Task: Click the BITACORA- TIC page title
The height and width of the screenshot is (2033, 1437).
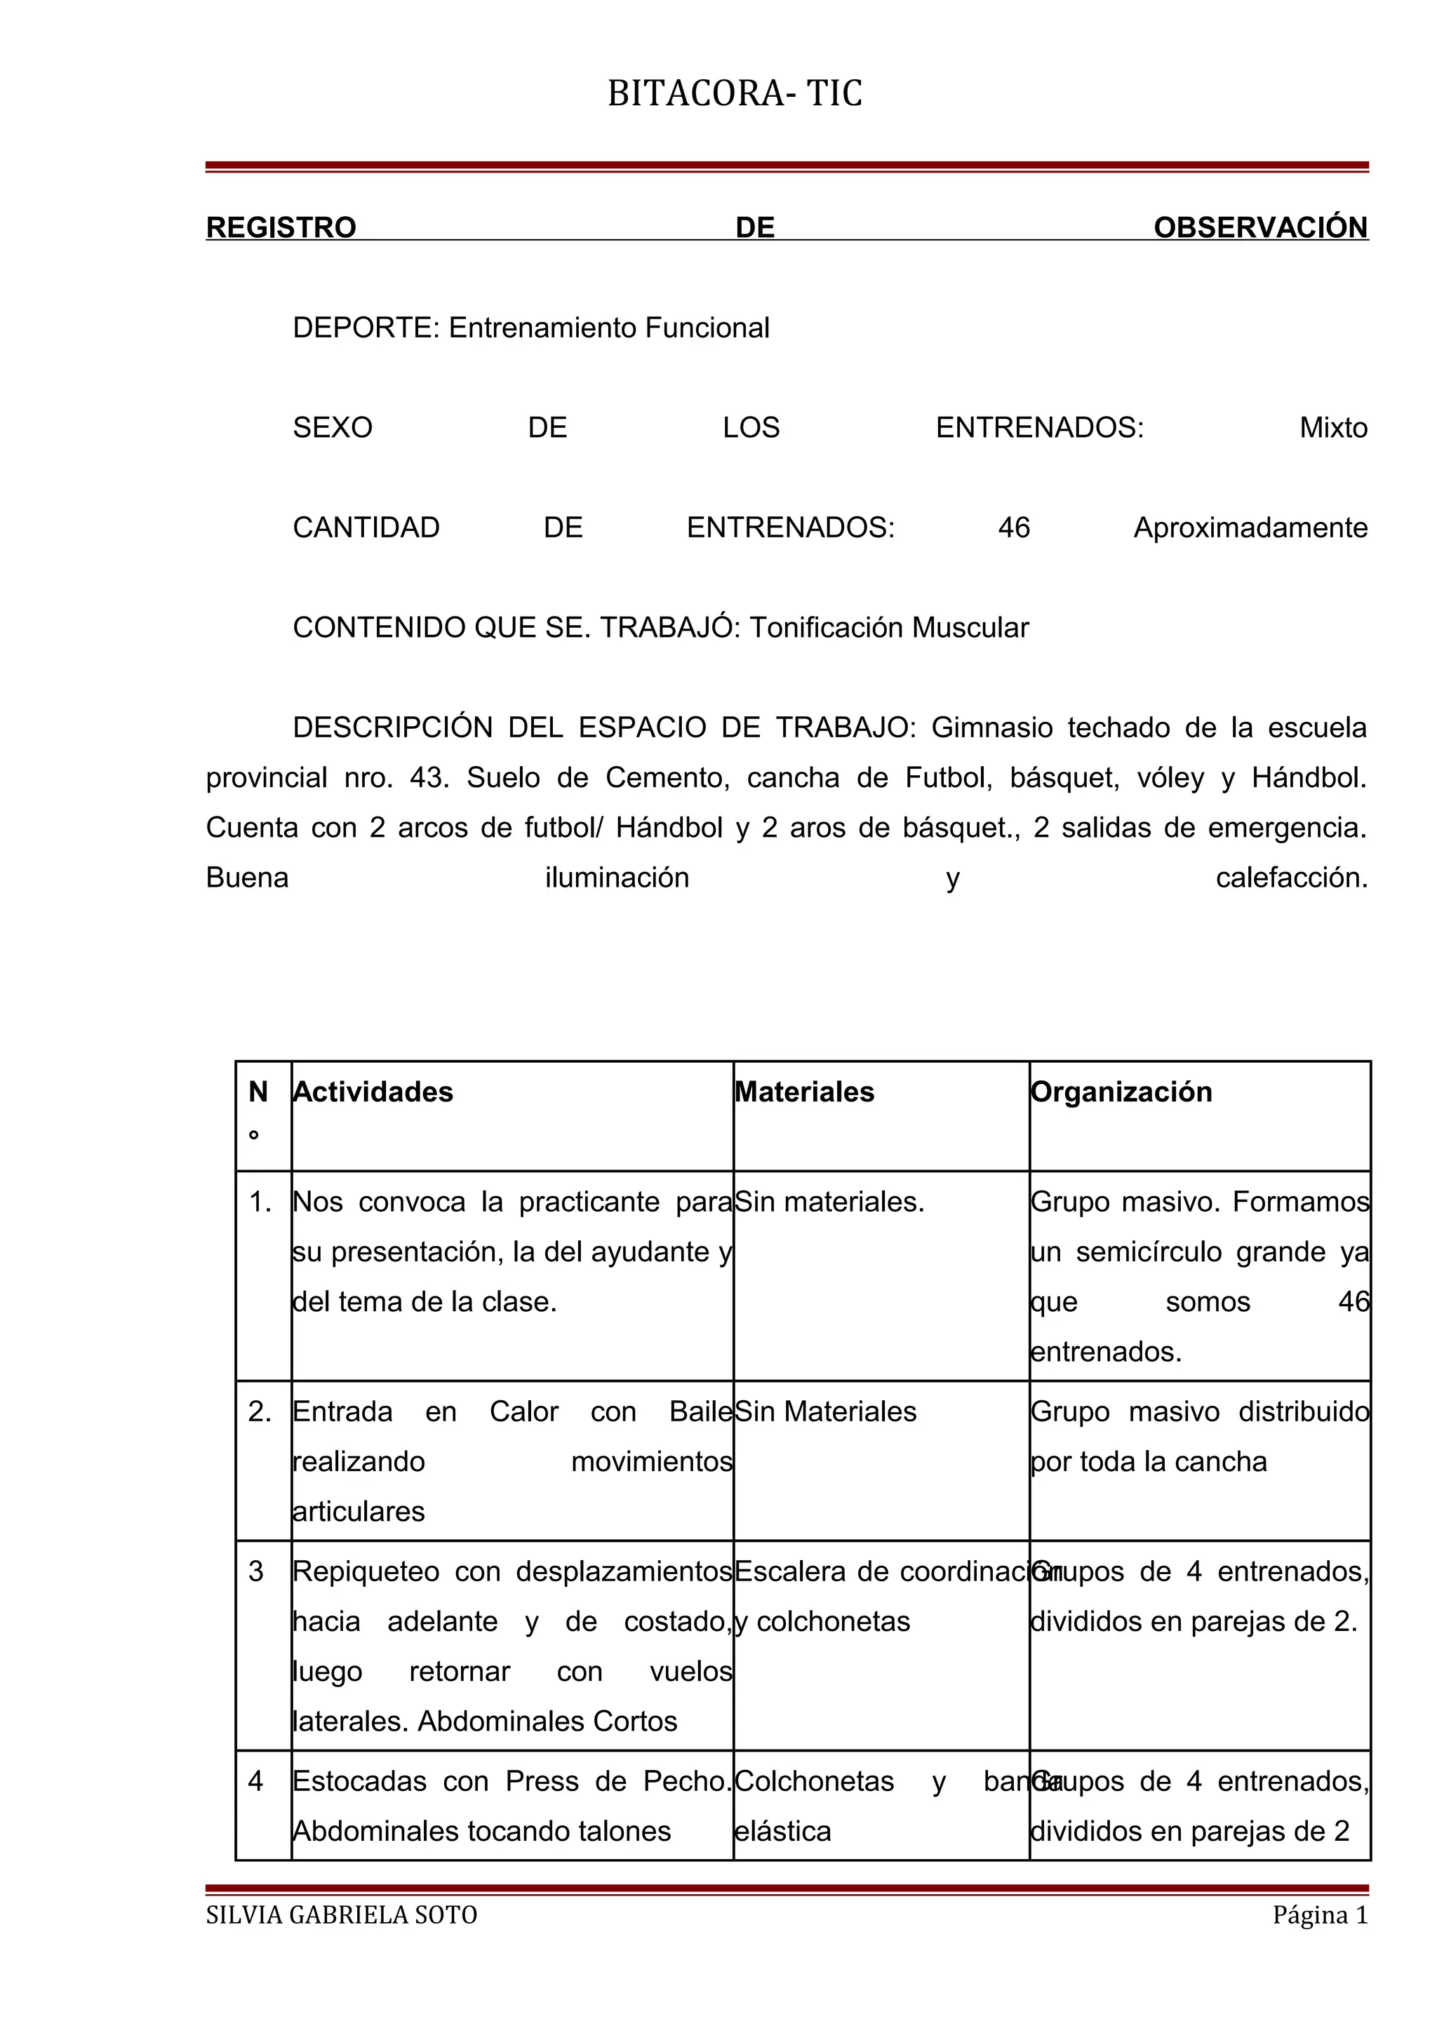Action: [x=734, y=94]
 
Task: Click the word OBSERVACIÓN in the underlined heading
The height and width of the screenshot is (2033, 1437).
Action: [x=1260, y=227]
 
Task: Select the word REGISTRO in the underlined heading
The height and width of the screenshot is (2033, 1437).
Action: [x=281, y=227]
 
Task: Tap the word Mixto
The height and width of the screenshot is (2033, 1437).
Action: [x=1332, y=428]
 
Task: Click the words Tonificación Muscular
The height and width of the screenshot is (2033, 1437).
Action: [x=889, y=628]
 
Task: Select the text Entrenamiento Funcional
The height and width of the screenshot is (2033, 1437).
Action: [x=608, y=328]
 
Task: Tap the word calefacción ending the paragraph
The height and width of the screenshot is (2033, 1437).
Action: [x=1291, y=878]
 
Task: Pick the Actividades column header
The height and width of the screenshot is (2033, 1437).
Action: [x=373, y=1092]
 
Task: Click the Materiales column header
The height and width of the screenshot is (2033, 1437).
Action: [x=805, y=1092]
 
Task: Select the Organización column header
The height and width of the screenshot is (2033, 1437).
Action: [x=1122, y=1092]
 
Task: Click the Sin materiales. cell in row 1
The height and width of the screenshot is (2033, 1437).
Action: [x=829, y=1202]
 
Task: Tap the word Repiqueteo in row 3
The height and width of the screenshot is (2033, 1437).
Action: [x=366, y=1571]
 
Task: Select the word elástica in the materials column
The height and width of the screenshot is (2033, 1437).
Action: [x=782, y=1830]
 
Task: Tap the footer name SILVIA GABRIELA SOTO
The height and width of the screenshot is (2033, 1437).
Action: [x=342, y=1914]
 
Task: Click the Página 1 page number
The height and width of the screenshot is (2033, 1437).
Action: [x=1319, y=1914]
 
